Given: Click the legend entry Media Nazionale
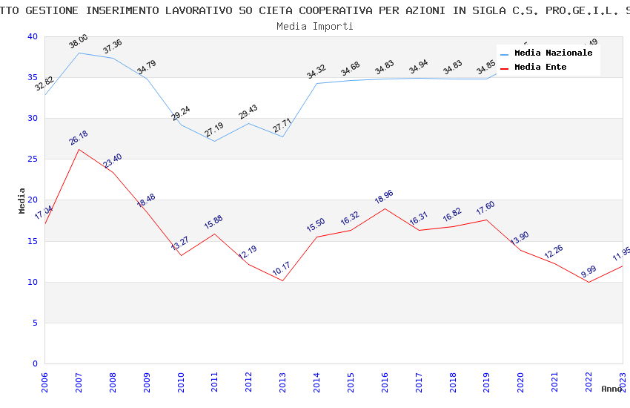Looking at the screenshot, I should (553, 53).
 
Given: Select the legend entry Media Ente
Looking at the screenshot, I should (540, 68).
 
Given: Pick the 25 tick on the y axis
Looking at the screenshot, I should (33, 159).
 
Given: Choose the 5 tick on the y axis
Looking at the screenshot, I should (35, 323).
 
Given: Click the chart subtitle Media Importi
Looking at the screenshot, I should (315, 26).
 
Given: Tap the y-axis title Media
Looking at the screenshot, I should (22, 200).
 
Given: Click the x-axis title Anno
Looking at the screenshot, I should (611, 389).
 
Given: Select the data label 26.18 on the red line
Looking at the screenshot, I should (79, 138).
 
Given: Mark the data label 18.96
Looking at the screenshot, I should (384, 197).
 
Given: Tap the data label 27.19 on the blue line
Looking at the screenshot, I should (215, 130).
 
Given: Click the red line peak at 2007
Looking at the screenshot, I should (79, 149).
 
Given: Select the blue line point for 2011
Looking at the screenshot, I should (215, 141).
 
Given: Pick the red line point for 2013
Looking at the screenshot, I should (282, 280).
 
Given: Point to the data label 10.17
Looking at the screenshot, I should (282, 269).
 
